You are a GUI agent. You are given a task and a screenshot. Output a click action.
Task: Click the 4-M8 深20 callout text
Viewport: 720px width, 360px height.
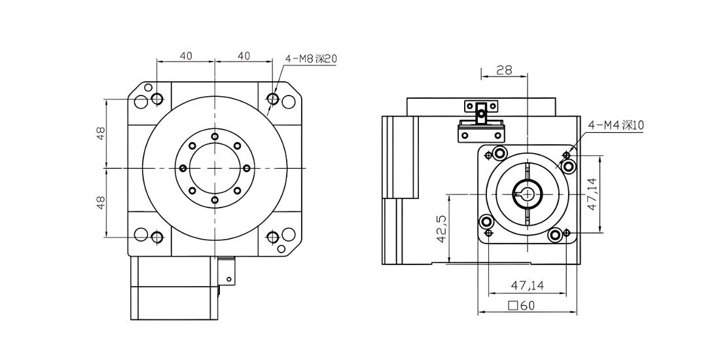311,59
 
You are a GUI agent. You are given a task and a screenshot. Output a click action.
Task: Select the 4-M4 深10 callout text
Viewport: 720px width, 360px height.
616,125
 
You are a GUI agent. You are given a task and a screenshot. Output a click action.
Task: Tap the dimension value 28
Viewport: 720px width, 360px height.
504,70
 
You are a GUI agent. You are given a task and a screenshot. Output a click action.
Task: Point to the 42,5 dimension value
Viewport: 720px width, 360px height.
441,228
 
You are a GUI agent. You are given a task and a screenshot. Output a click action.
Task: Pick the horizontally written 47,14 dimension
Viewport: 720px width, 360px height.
527,285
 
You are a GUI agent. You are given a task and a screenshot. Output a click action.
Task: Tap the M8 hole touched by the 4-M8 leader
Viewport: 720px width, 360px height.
273,99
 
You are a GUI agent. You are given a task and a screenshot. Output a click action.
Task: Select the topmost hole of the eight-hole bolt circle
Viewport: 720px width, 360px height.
215,136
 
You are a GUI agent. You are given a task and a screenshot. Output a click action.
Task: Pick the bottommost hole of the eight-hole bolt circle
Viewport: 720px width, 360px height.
215,200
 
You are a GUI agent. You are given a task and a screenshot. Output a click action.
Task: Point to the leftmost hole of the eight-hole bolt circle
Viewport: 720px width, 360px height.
183,168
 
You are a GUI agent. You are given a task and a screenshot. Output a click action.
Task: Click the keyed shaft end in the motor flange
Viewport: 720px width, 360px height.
528,194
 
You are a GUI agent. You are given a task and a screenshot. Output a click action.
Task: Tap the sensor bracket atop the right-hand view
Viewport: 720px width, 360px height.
480,121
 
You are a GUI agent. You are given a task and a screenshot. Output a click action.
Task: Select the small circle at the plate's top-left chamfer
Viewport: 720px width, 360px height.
148,87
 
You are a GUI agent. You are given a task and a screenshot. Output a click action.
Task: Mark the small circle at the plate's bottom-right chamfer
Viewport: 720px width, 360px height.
281,249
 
